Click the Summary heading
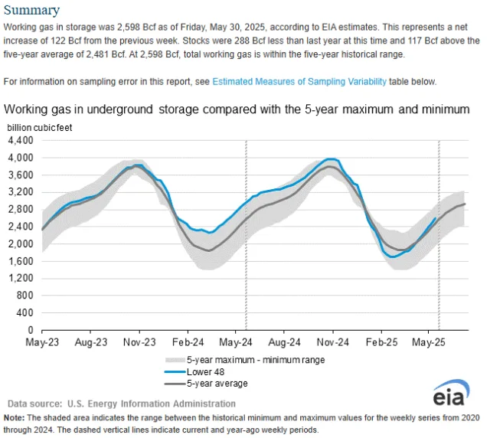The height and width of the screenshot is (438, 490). click(32, 11)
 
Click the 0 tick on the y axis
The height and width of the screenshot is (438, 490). click(31, 329)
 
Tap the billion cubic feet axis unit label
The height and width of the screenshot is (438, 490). click(40, 127)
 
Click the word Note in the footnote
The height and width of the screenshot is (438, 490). click(14, 417)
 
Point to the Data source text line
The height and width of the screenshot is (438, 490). click(121, 404)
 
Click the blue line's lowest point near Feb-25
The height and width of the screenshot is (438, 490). click(393, 257)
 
